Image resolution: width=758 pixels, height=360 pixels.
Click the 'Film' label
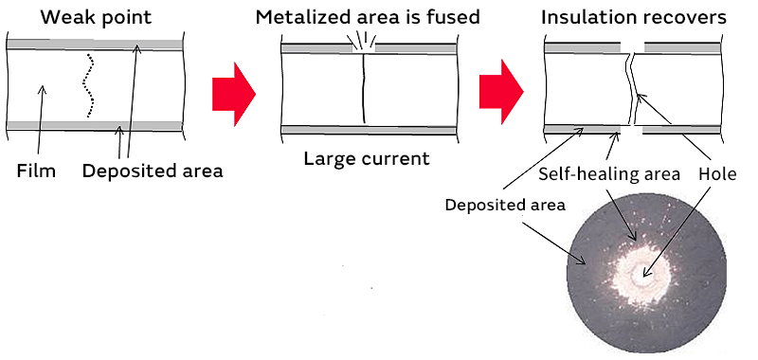[37, 171]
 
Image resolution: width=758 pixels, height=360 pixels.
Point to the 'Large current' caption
[367, 157]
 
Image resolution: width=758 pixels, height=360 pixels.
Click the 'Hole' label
[717, 174]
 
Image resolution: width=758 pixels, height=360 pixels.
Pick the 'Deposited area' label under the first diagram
[153, 171]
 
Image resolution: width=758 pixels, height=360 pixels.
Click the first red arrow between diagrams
[233, 87]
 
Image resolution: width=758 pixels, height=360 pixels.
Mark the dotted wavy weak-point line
[88, 85]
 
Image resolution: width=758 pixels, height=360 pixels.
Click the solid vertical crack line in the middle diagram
[363, 87]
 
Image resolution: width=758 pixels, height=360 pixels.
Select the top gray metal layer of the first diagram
[94, 45]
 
